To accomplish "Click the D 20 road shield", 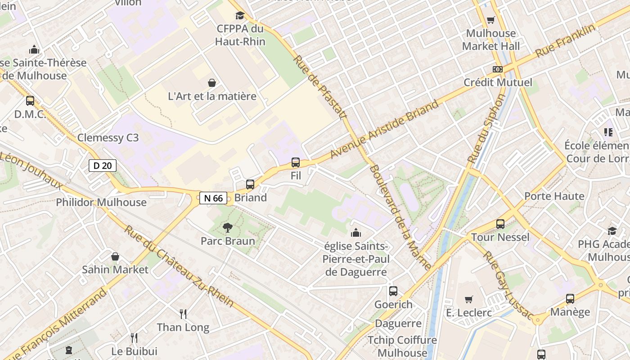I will pos(102,166).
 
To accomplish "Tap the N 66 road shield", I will pos(213,198).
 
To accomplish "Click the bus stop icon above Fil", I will pos(296,162).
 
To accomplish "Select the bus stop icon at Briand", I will pos(250,184).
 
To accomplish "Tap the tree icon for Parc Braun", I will pos(228,228).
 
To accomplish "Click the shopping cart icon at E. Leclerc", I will pos(469,299).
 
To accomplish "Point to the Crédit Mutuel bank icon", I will pos(497,69).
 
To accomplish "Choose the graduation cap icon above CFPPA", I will pos(240,16).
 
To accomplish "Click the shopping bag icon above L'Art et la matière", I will pos(211,83).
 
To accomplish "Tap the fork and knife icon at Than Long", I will pos(183,314).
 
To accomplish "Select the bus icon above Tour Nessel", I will pos(500,224).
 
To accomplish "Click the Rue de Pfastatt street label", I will pos(320,87).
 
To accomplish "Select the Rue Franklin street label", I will pos(565,41).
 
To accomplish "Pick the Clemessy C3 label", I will pos(108,138).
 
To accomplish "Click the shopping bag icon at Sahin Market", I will pos(115,256).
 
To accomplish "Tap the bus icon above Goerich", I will pos(393,291).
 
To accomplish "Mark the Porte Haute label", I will pos(554,196).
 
